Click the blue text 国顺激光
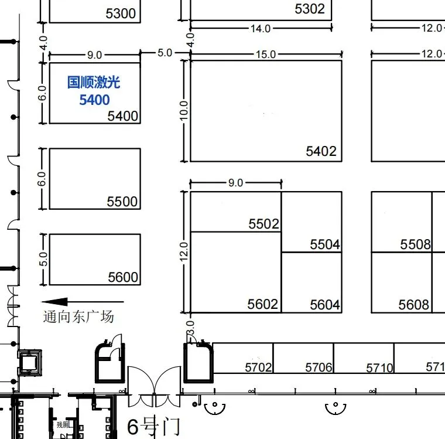pos(94,82)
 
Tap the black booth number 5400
pos(123,116)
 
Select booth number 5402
pos(321,151)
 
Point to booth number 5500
pos(122,202)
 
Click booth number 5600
pos(123,277)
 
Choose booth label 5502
pos(263,224)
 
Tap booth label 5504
pos(325,244)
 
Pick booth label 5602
pos(262,304)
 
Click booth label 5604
pos(325,305)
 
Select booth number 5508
pos(415,244)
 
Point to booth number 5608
pos(413,305)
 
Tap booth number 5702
pos(258,367)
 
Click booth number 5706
pos(319,367)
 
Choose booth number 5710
pos(379,368)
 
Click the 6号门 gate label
pos(153,426)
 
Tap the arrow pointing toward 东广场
pos(64,302)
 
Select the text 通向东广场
pos(78,317)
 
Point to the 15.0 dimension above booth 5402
pos(265,55)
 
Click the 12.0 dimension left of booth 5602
pos(184,252)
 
